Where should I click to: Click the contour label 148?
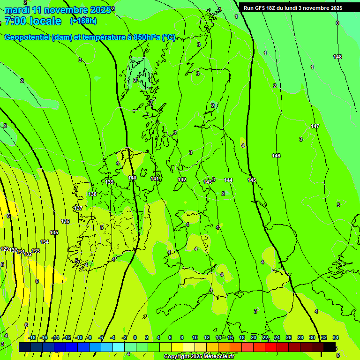point(337,57)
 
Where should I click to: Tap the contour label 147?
point(315,126)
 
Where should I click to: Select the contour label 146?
point(276,156)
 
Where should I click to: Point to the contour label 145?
point(252,180)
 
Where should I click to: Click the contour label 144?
point(228,180)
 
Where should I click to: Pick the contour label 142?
point(182,180)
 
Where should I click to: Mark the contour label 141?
point(155,179)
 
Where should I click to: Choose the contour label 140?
point(132,178)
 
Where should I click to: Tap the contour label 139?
point(109,182)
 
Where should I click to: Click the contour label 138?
point(92,194)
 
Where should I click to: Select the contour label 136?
point(65,221)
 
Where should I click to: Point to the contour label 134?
point(45,242)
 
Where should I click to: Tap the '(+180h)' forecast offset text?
point(83,21)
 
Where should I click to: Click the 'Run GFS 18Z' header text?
point(262,8)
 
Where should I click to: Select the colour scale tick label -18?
point(32,337)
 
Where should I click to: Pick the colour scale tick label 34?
point(336,337)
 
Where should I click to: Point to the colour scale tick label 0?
point(135,337)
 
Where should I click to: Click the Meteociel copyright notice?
point(199,356)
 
